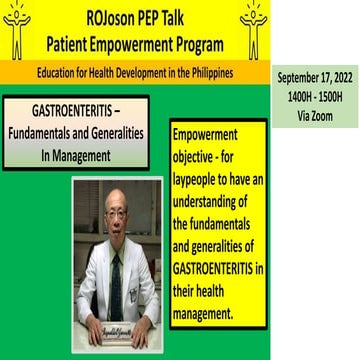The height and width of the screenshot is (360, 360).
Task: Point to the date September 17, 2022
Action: tap(315, 79)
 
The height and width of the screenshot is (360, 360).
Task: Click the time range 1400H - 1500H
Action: tap(315, 95)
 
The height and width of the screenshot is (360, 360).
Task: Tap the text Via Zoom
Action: tap(315, 111)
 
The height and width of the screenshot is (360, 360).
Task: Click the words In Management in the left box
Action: tap(74, 155)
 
